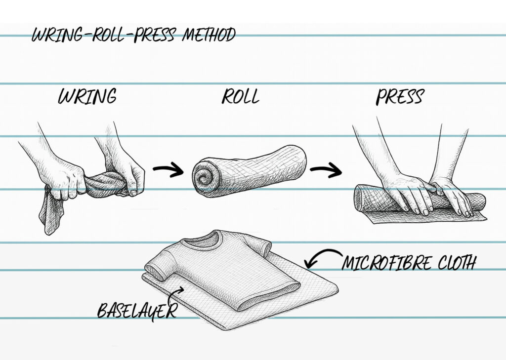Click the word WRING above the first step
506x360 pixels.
[x=87, y=97]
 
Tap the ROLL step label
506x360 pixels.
[x=240, y=97]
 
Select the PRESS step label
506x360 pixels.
[x=399, y=97]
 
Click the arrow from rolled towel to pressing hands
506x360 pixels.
[x=326, y=171]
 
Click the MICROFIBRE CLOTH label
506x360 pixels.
[x=408, y=263]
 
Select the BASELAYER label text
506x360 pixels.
[x=137, y=311]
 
